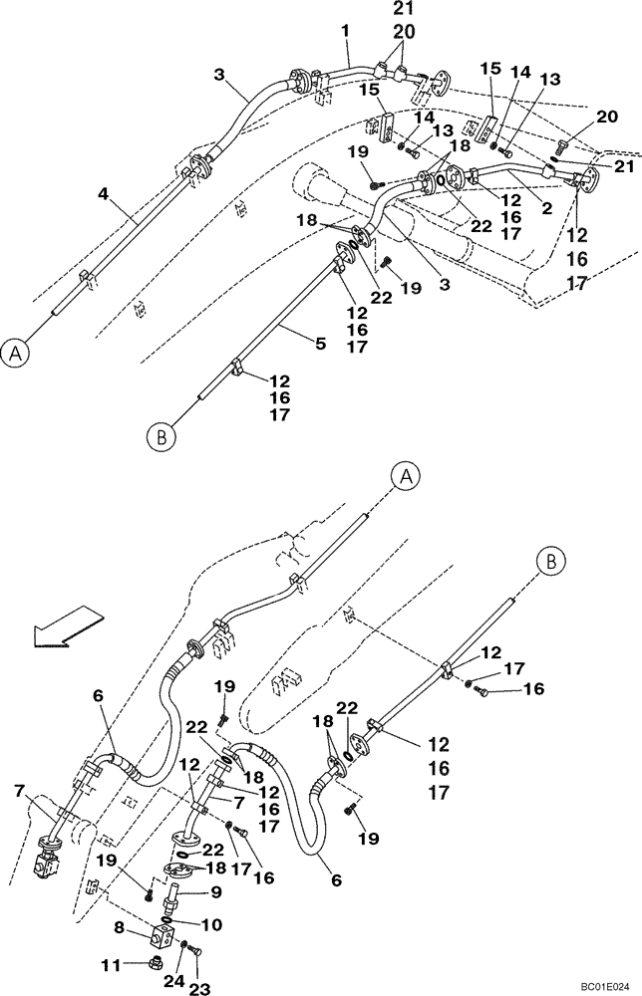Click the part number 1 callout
click(345, 32)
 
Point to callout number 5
click(320, 344)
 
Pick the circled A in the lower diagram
click(406, 477)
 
